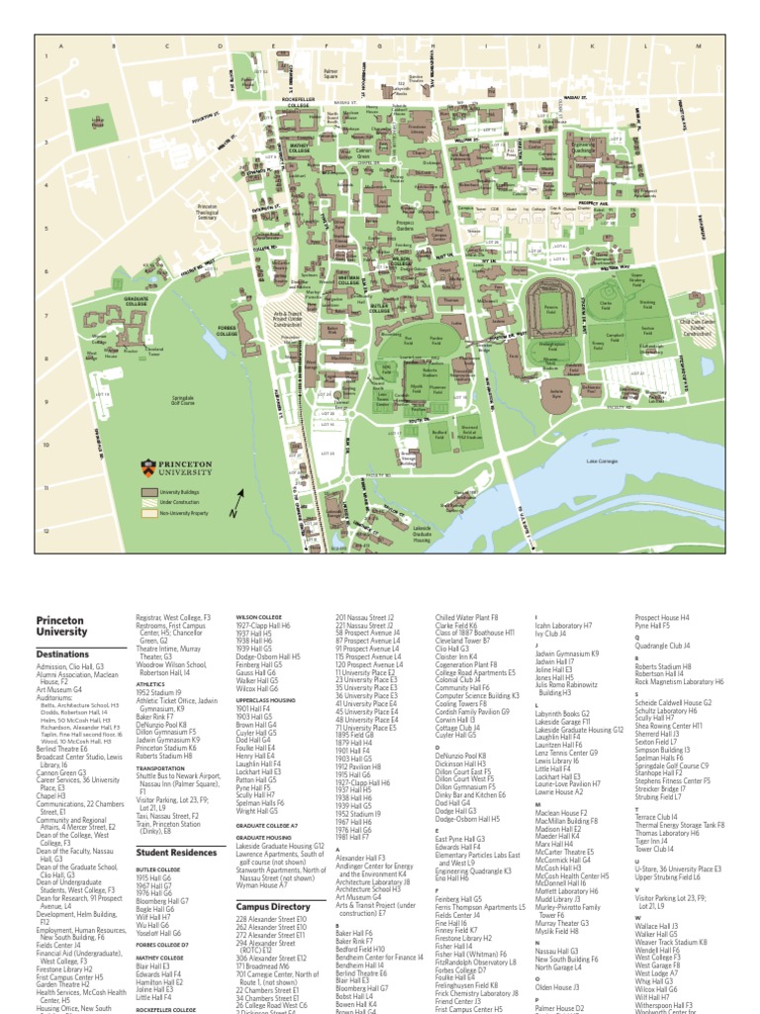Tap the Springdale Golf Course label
[x=183, y=400]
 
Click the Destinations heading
[x=62, y=655]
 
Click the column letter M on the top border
[x=698, y=47]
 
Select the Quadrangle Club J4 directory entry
[x=670, y=646]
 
